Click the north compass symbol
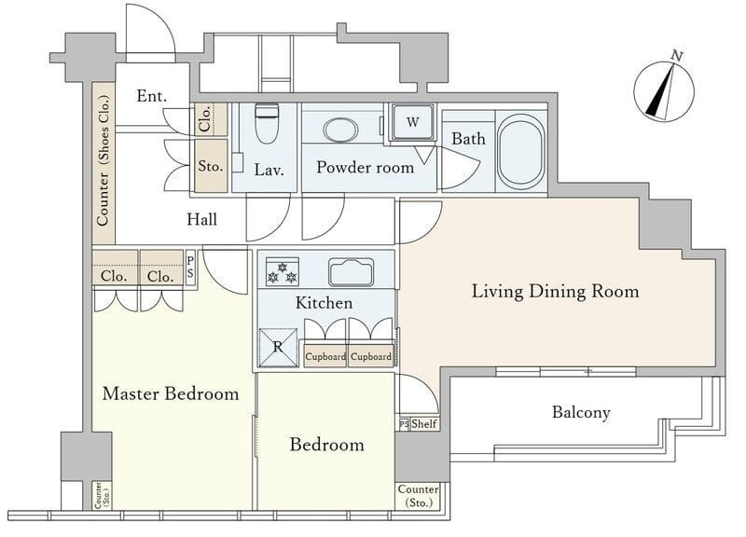coord(664,91)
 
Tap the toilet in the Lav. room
coord(267,123)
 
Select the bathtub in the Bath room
coord(521,151)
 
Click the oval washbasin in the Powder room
coord(340,130)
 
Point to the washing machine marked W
coord(412,122)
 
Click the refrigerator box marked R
coord(278,347)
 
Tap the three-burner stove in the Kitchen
coord(283,271)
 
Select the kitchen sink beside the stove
coord(352,272)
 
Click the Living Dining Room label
coord(555,291)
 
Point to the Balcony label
coord(581,412)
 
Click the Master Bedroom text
coord(171,393)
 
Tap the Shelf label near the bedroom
coord(424,423)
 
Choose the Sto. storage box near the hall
coord(211,166)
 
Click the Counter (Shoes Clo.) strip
coord(104,162)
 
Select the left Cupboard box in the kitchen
coord(325,356)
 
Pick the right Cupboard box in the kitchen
coord(371,356)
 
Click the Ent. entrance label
coord(152,96)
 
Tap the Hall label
coord(201,219)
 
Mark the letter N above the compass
coord(677,55)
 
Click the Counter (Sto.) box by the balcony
coord(418,496)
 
